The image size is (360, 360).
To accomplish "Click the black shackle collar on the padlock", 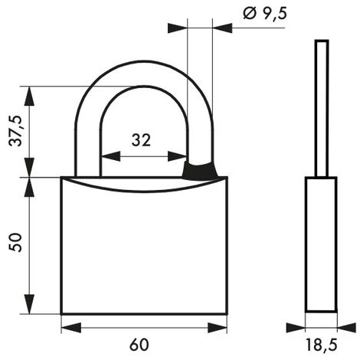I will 201,170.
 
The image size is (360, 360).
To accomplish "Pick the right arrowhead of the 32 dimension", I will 182,156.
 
